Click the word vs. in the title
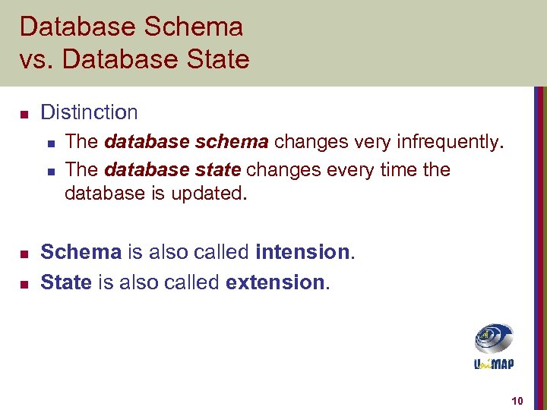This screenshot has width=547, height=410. [x=33, y=59]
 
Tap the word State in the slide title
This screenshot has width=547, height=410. [x=217, y=59]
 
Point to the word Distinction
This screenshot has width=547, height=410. [x=89, y=112]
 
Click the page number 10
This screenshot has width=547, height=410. [x=517, y=400]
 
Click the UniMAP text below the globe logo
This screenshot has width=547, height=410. [x=494, y=365]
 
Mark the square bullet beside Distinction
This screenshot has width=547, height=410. [x=24, y=115]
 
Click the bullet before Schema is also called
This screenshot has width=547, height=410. [x=24, y=253]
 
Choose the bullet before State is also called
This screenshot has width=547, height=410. [x=24, y=285]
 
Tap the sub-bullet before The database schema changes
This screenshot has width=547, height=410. [x=50, y=143]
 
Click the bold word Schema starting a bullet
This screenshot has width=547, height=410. [x=81, y=251]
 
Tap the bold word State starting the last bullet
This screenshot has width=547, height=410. [x=65, y=282]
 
